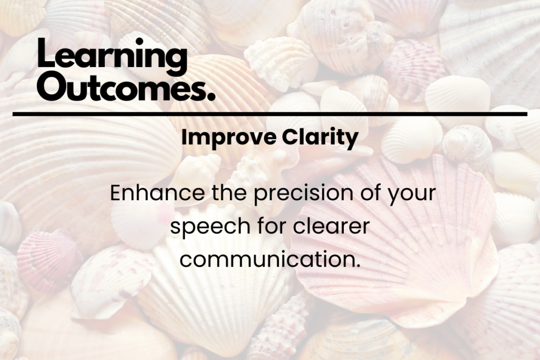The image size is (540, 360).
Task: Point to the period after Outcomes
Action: tap(211, 97)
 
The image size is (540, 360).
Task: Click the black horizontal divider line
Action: tap(269, 114)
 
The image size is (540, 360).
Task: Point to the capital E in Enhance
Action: tap(115, 194)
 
